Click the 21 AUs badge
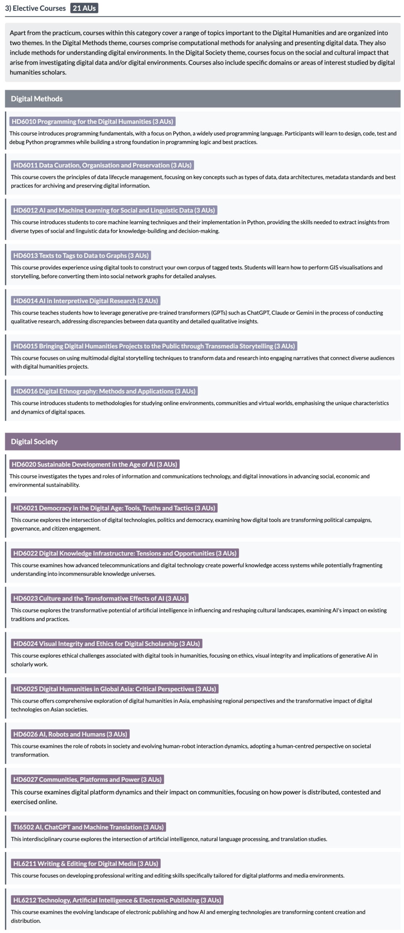click(84, 8)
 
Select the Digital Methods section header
click(37, 99)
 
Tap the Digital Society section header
click(34, 441)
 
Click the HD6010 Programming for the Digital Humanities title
click(92, 121)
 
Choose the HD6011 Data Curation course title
click(102, 165)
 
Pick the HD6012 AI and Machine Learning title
click(114, 210)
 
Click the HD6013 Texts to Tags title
click(81, 255)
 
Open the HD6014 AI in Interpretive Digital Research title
click(86, 301)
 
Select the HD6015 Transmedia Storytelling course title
click(154, 346)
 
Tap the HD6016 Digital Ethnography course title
click(104, 391)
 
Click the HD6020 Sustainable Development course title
click(94, 464)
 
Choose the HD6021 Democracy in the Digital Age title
click(114, 508)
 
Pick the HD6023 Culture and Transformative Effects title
click(100, 598)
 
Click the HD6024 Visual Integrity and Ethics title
click(107, 644)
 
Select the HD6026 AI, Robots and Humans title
click(70, 734)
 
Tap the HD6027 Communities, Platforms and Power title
click(87, 779)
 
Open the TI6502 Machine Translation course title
click(88, 827)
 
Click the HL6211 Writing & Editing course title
click(86, 864)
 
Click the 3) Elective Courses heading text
click(35, 8)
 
